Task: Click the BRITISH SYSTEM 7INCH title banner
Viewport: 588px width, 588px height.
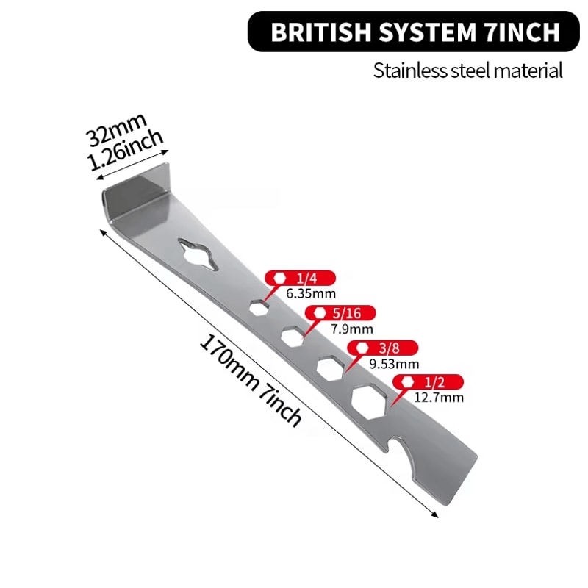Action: point(413,32)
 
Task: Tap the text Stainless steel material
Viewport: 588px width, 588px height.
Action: point(467,71)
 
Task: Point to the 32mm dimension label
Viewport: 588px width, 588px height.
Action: point(116,129)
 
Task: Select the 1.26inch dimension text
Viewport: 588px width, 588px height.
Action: point(125,151)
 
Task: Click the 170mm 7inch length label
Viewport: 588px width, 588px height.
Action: point(250,380)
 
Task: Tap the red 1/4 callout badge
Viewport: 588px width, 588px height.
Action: point(300,279)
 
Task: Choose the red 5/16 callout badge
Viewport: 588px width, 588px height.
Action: point(340,313)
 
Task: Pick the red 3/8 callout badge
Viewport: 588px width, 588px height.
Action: point(382,348)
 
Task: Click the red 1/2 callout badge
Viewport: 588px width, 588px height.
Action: point(429,382)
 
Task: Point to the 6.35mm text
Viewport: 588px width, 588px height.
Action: point(311,293)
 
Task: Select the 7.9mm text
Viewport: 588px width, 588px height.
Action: point(352,329)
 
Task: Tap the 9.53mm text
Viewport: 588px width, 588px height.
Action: point(394,364)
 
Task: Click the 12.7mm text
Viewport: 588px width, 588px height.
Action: point(439,397)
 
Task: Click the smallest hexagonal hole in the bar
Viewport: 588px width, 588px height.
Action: point(259,307)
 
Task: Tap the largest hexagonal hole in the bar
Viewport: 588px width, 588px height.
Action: point(369,403)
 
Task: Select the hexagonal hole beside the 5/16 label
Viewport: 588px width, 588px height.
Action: point(293,337)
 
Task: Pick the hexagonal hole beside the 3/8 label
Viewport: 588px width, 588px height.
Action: point(330,369)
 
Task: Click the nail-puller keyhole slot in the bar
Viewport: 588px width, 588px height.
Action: point(198,254)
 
